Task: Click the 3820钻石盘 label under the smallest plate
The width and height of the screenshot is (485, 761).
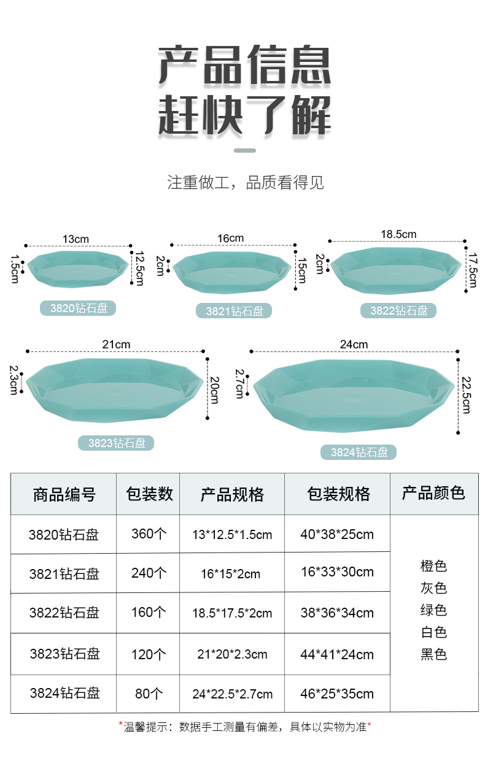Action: coord(78,308)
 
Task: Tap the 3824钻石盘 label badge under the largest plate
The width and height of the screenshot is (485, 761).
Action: coord(359,453)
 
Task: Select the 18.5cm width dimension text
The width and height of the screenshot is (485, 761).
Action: coord(398,234)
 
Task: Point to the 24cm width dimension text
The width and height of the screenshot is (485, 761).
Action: coord(354,344)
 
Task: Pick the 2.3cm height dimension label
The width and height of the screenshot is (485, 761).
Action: coord(14,380)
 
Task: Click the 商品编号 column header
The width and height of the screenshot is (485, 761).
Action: coord(64,494)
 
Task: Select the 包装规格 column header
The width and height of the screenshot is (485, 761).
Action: coord(338,494)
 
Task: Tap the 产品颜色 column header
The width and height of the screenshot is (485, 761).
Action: coord(433,492)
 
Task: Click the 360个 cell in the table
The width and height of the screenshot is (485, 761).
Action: coord(149,533)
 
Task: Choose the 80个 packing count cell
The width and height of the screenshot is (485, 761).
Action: coord(149,694)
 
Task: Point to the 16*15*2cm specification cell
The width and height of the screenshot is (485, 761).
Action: coord(231,574)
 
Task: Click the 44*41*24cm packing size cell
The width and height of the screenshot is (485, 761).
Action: coord(337,654)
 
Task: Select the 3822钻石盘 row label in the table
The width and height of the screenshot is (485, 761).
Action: coord(64,613)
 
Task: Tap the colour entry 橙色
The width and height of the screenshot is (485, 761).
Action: coord(433,566)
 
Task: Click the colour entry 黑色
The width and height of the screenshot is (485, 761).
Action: coord(433,654)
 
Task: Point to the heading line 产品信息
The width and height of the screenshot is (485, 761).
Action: coord(245,66)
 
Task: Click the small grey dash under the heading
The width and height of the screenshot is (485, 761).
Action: coord(245,150)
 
